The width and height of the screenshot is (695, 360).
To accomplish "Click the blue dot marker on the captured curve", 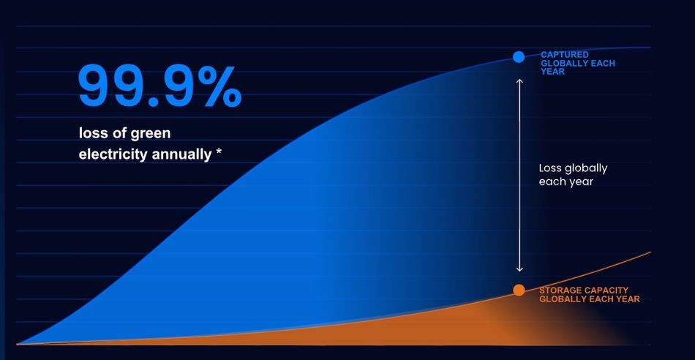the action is [519, 57].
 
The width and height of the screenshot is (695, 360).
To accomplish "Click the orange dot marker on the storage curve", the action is [519, 290].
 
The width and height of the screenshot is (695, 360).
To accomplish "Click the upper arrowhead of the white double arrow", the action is [519, 81].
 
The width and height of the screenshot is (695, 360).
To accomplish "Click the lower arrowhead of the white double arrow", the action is [519, 269].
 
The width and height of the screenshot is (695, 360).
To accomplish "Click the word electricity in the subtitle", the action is [113, 154].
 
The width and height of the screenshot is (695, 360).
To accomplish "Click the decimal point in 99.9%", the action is [153, 102].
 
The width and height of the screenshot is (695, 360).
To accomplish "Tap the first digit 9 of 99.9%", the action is [94, 86].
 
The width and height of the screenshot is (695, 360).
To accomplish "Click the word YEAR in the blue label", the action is [553, 72].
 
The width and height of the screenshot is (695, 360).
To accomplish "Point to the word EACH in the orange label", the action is [602, 299].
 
